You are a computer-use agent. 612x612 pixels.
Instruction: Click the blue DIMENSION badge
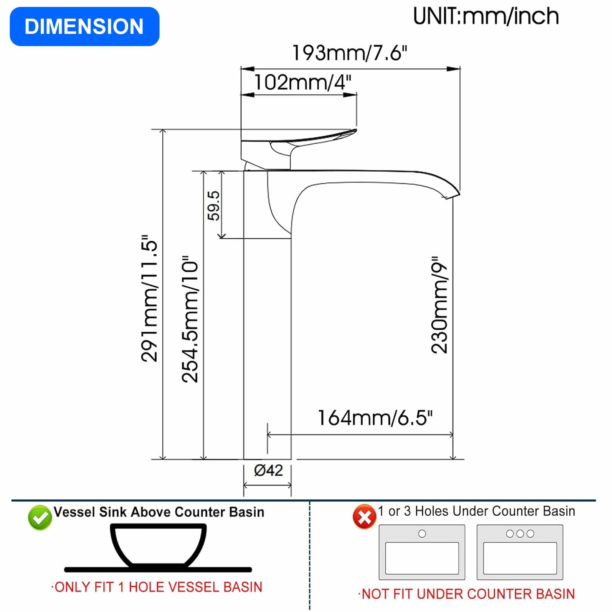click(84, 27)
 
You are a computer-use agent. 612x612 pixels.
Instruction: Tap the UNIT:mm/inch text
click(486, 17)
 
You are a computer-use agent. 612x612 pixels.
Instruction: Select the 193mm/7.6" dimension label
click(350, 53)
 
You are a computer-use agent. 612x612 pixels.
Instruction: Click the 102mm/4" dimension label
click(302, 82)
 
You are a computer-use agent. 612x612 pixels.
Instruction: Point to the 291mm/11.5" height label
click(149, 298)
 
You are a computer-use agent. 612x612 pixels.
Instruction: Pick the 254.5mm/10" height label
click(190, 319)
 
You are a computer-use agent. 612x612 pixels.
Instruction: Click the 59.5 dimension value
click(213, 206)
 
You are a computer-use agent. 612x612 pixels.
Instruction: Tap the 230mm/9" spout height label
click(439, 305)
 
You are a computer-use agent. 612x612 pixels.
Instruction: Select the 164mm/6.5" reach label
click(375, 418)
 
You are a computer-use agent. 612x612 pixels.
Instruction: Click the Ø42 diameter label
click(268, 470)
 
